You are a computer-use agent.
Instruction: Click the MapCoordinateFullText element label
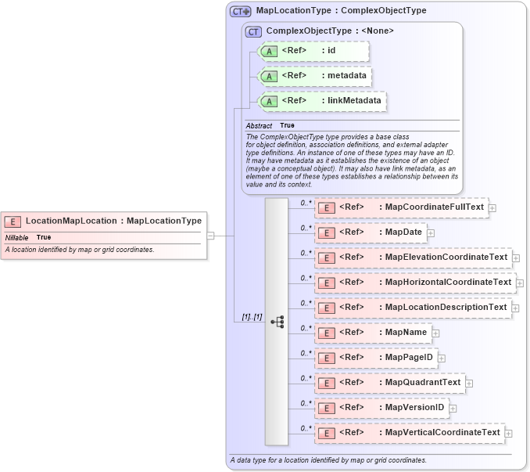pyautogui.click(x=435, y=207)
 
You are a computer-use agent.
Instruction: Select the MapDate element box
pyautogui.click(x=370, y=232)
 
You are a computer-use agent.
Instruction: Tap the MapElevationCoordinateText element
pyautogui.click(x=412, y=258)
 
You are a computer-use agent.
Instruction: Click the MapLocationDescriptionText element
pyautogui.click(x=412, y=308)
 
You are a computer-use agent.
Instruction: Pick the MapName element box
pyautogui.click(x=372, y=333)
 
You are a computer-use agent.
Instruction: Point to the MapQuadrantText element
pyautogui.click(x=389, y=383)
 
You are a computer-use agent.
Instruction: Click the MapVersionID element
pyautogui.click(x=381, y=408)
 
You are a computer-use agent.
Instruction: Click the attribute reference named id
pyautogui.click(x=312, y=51)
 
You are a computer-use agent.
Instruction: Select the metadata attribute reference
pyautogui.click(x=313, y=76)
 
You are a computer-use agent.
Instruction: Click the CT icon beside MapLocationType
pyautogui.click(x=240, y=12)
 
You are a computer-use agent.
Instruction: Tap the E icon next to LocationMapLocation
pyautogui.click(x=13, y=222)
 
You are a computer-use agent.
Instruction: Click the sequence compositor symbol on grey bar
pyautogui.click(x=277, y=321)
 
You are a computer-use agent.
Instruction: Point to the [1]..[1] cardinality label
pyautogui.click(x=252, y=317)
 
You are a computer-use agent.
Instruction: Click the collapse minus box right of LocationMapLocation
pyautogui.click(x=210, y=234)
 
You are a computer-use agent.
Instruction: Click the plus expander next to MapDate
pyautogui.click(x=431, y=233)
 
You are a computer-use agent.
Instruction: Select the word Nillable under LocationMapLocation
pyautogui.click(x=16, y=237)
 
